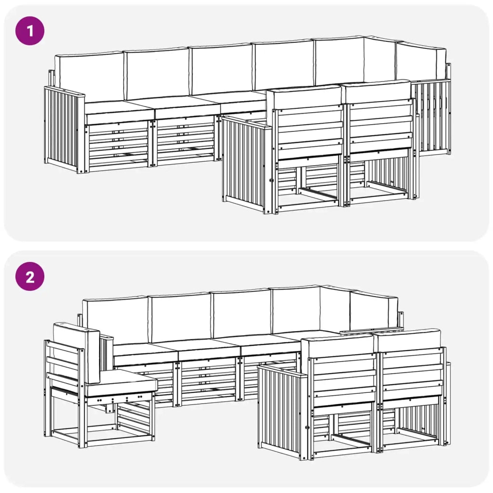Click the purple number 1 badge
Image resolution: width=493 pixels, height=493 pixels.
coord(30,31)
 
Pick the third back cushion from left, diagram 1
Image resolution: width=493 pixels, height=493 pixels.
coord(221,70)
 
